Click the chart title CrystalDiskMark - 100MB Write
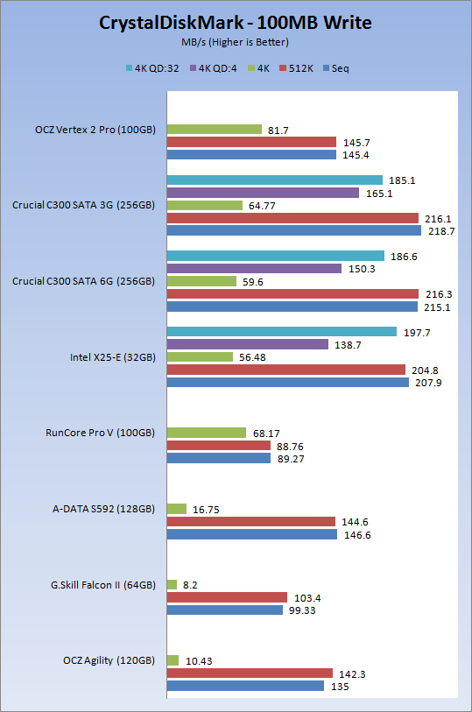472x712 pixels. (235, 23)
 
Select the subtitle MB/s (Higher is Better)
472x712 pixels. (235, 42)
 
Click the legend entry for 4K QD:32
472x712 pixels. (152, 68)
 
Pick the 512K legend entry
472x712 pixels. (296, 68)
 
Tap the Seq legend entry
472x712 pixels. (336, 68)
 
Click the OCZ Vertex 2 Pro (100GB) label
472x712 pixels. (95, 130)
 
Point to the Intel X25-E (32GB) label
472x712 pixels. (113, 357)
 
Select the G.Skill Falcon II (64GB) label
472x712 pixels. (103, 585)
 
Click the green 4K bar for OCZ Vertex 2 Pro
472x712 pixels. (215, 130)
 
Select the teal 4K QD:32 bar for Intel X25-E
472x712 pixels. (282, 332)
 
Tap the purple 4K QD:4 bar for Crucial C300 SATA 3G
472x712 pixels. (263, 193)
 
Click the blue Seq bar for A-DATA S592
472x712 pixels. (252, 534)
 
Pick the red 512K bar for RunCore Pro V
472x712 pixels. (219, 446)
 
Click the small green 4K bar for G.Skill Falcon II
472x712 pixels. (172, 584)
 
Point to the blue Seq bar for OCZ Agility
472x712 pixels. (245, 686)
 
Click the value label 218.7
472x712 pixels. (441, 231)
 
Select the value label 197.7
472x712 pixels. (417, 333)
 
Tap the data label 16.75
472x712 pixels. (206, 510)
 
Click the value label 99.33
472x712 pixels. (302, 610)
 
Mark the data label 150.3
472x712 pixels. (362, 269)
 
